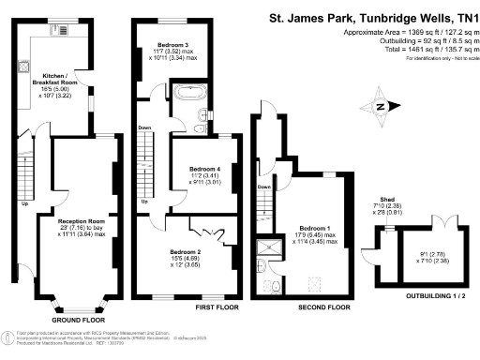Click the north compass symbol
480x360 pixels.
[382, 106]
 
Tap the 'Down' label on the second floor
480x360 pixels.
[263, 187]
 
